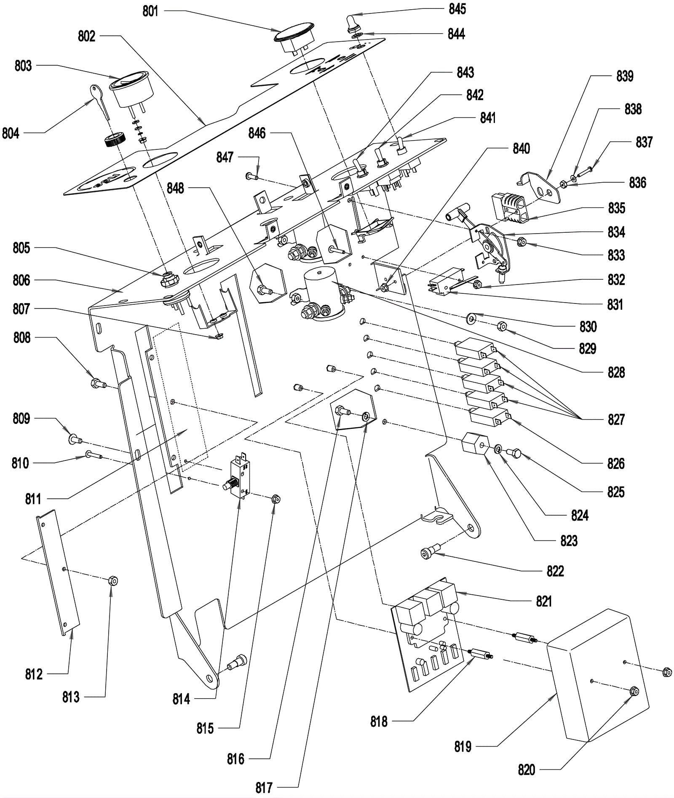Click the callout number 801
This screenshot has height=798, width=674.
pyautogui.click(x=150, y=11)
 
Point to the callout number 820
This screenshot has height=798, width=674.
pyautogui.click(x=527, y=770)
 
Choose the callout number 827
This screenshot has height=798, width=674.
pyautogui.click(x=616, y=420)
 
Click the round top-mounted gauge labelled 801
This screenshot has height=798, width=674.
pyautogui.click(x=293, y=40)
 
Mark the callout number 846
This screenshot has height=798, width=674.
pyautogui.click(x=257, y=133)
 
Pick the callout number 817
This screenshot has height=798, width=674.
pyautogui.click(x=264, y=787)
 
